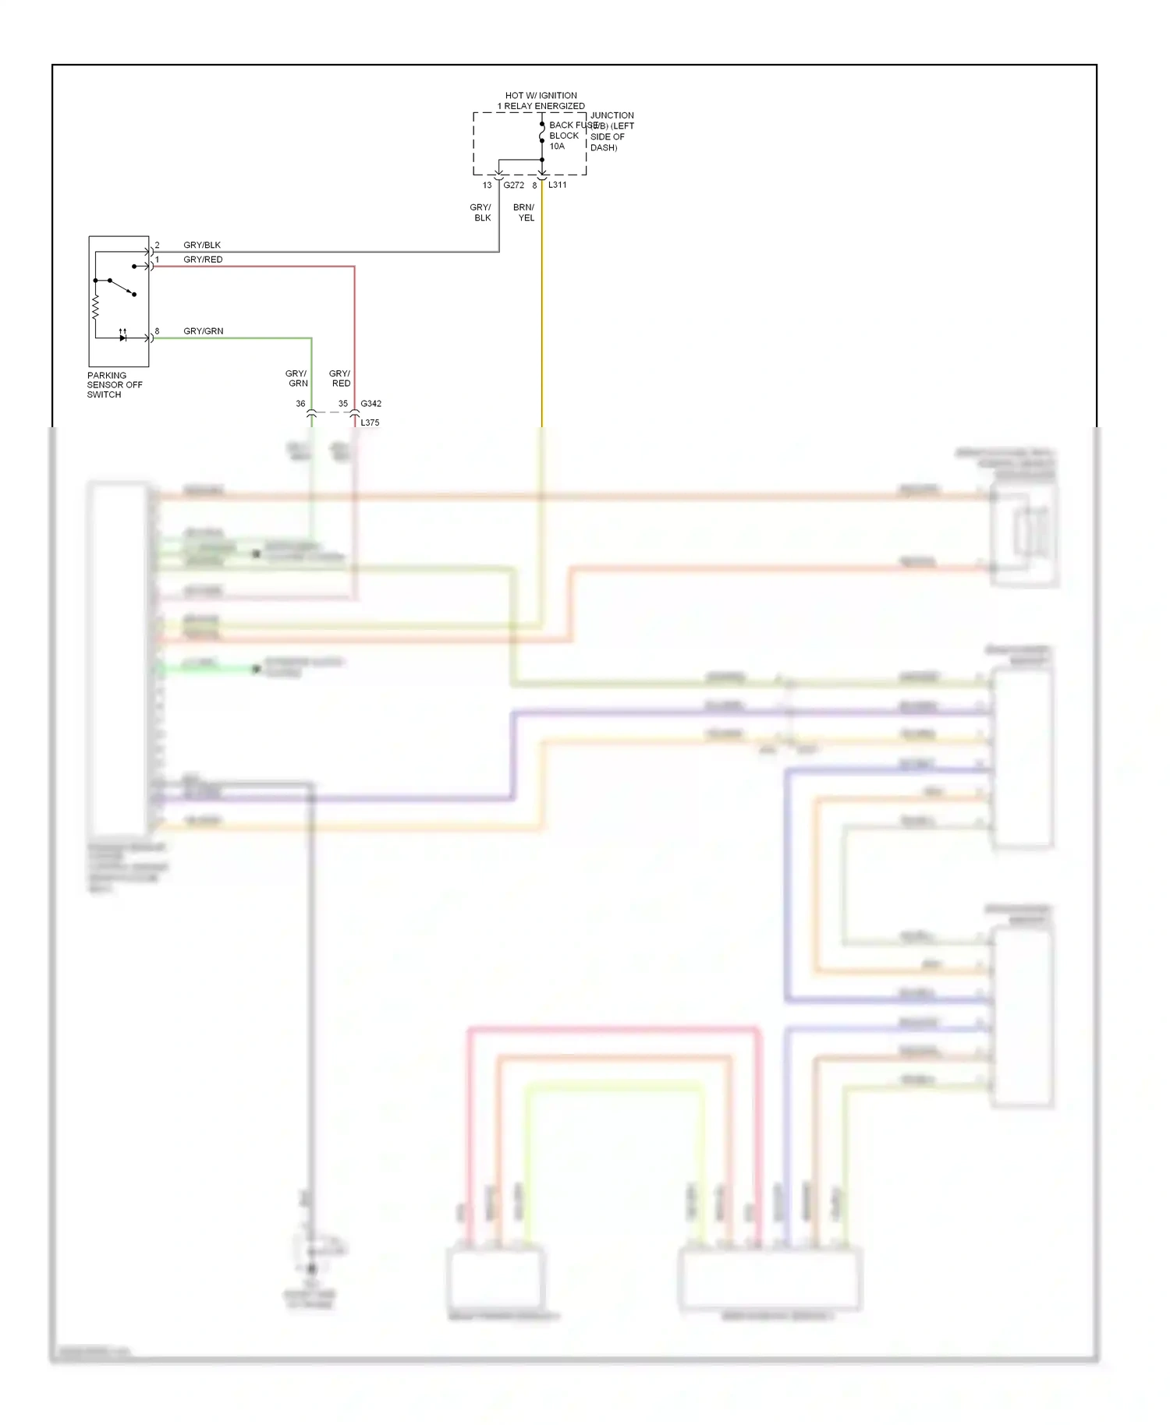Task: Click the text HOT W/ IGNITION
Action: pos(541,95)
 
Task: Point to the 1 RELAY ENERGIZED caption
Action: pos(541,106)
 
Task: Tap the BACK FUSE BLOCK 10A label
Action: pos(565,136)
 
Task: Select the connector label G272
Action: pos(514,186)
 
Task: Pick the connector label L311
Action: pos(558,185)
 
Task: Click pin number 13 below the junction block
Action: pos(487,186)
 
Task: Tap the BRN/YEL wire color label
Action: pos(525,213)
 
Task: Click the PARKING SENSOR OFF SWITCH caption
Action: pos(115,385)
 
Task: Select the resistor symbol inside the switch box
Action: pos(95,308)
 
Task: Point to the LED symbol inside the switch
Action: pos(122,338)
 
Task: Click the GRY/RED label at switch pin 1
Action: pos(203,260)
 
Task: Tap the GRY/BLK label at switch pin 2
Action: pos(202,245)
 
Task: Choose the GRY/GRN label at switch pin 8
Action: pos(204,331)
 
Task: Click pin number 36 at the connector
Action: pos(300,404)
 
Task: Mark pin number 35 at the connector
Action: pos(343,404)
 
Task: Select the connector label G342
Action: pos(371,404)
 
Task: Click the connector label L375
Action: pos(370,423)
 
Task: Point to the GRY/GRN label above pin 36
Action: pos(297,379)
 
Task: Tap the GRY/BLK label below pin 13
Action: pos(481,213)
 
